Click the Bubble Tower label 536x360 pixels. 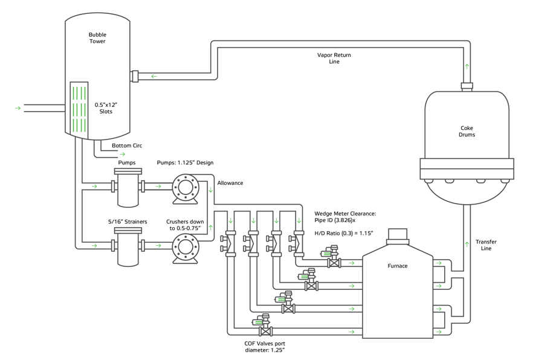[x=97, y=38]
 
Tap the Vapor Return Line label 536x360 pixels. [x=334, y=58]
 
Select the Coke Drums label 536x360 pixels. [x=467, y=131]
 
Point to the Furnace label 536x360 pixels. [x=398, y=266]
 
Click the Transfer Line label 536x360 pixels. [x=486, y=245]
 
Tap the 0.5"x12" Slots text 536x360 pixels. [x=106, y=108]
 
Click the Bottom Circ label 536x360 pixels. [x=127, y=146]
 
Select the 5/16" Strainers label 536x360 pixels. [x=128, y=222]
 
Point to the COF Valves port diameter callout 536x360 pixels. [x=265, y=347]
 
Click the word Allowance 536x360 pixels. [x=230, y=183]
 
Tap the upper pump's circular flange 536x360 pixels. [x=186, y=187]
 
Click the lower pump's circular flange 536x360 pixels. [x=186, y=246]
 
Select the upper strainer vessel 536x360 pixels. [x=128, y=187]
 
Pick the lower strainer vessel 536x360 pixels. [x=128, y=246]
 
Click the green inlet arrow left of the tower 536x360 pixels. [x=18, y=108]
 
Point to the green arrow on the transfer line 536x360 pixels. [x=467, y=244]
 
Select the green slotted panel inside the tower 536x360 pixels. [x=79, y=110]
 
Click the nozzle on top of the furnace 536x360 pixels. [x=398, y=236]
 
